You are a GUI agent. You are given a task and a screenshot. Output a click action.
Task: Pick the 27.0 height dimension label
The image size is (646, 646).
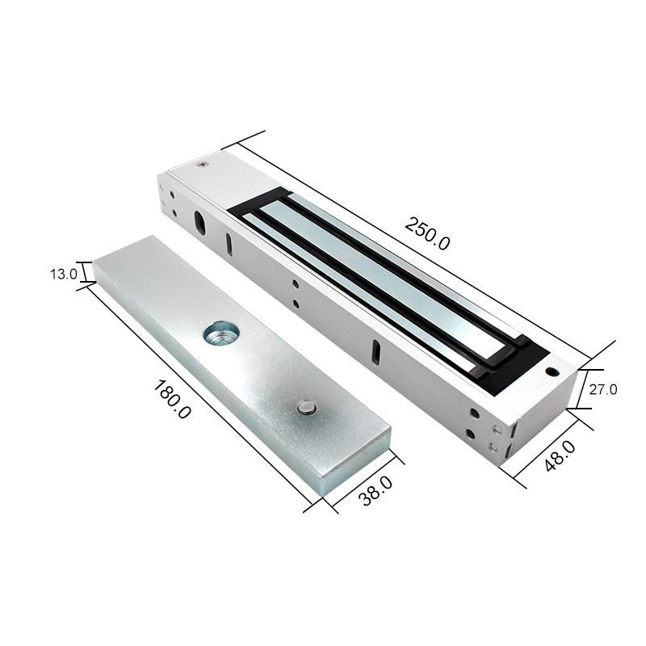602,389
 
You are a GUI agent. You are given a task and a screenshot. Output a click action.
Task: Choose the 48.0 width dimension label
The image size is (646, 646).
559,457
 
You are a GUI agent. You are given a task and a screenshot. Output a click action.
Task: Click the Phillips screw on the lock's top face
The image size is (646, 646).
201,164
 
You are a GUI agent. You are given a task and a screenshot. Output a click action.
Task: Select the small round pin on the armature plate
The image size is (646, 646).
305,408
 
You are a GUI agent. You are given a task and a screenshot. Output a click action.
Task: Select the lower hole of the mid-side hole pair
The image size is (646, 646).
296,304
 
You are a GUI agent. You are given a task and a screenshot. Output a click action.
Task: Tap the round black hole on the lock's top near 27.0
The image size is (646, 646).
552,373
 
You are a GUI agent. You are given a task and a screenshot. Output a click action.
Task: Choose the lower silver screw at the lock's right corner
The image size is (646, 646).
489,444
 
